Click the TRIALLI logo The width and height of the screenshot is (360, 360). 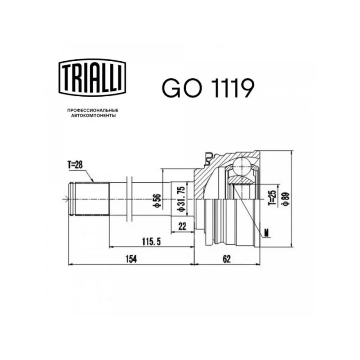pyautogui.click(x=92, y=77)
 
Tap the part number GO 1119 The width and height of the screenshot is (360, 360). pyautogui.click(x=208, y=88)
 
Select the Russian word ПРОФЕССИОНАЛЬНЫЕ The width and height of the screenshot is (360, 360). pyautogui.click(x=93, y=110)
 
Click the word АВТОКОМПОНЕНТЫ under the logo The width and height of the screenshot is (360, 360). pyautogui.click(x=93, y=116)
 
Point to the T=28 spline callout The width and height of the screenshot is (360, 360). pyautogui.click(x=75, y=165)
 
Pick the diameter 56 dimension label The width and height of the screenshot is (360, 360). pyautogui.click(x=158, y=201)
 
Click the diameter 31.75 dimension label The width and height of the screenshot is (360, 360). pyautogui.click(x=181, y=199)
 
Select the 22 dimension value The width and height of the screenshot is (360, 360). pyautogui.click(x=182, y=227)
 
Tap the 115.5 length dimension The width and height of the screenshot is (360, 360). pyautogui.click(x=152, y=241)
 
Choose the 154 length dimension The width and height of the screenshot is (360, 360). pyautogui.click(x=131, y=259)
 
